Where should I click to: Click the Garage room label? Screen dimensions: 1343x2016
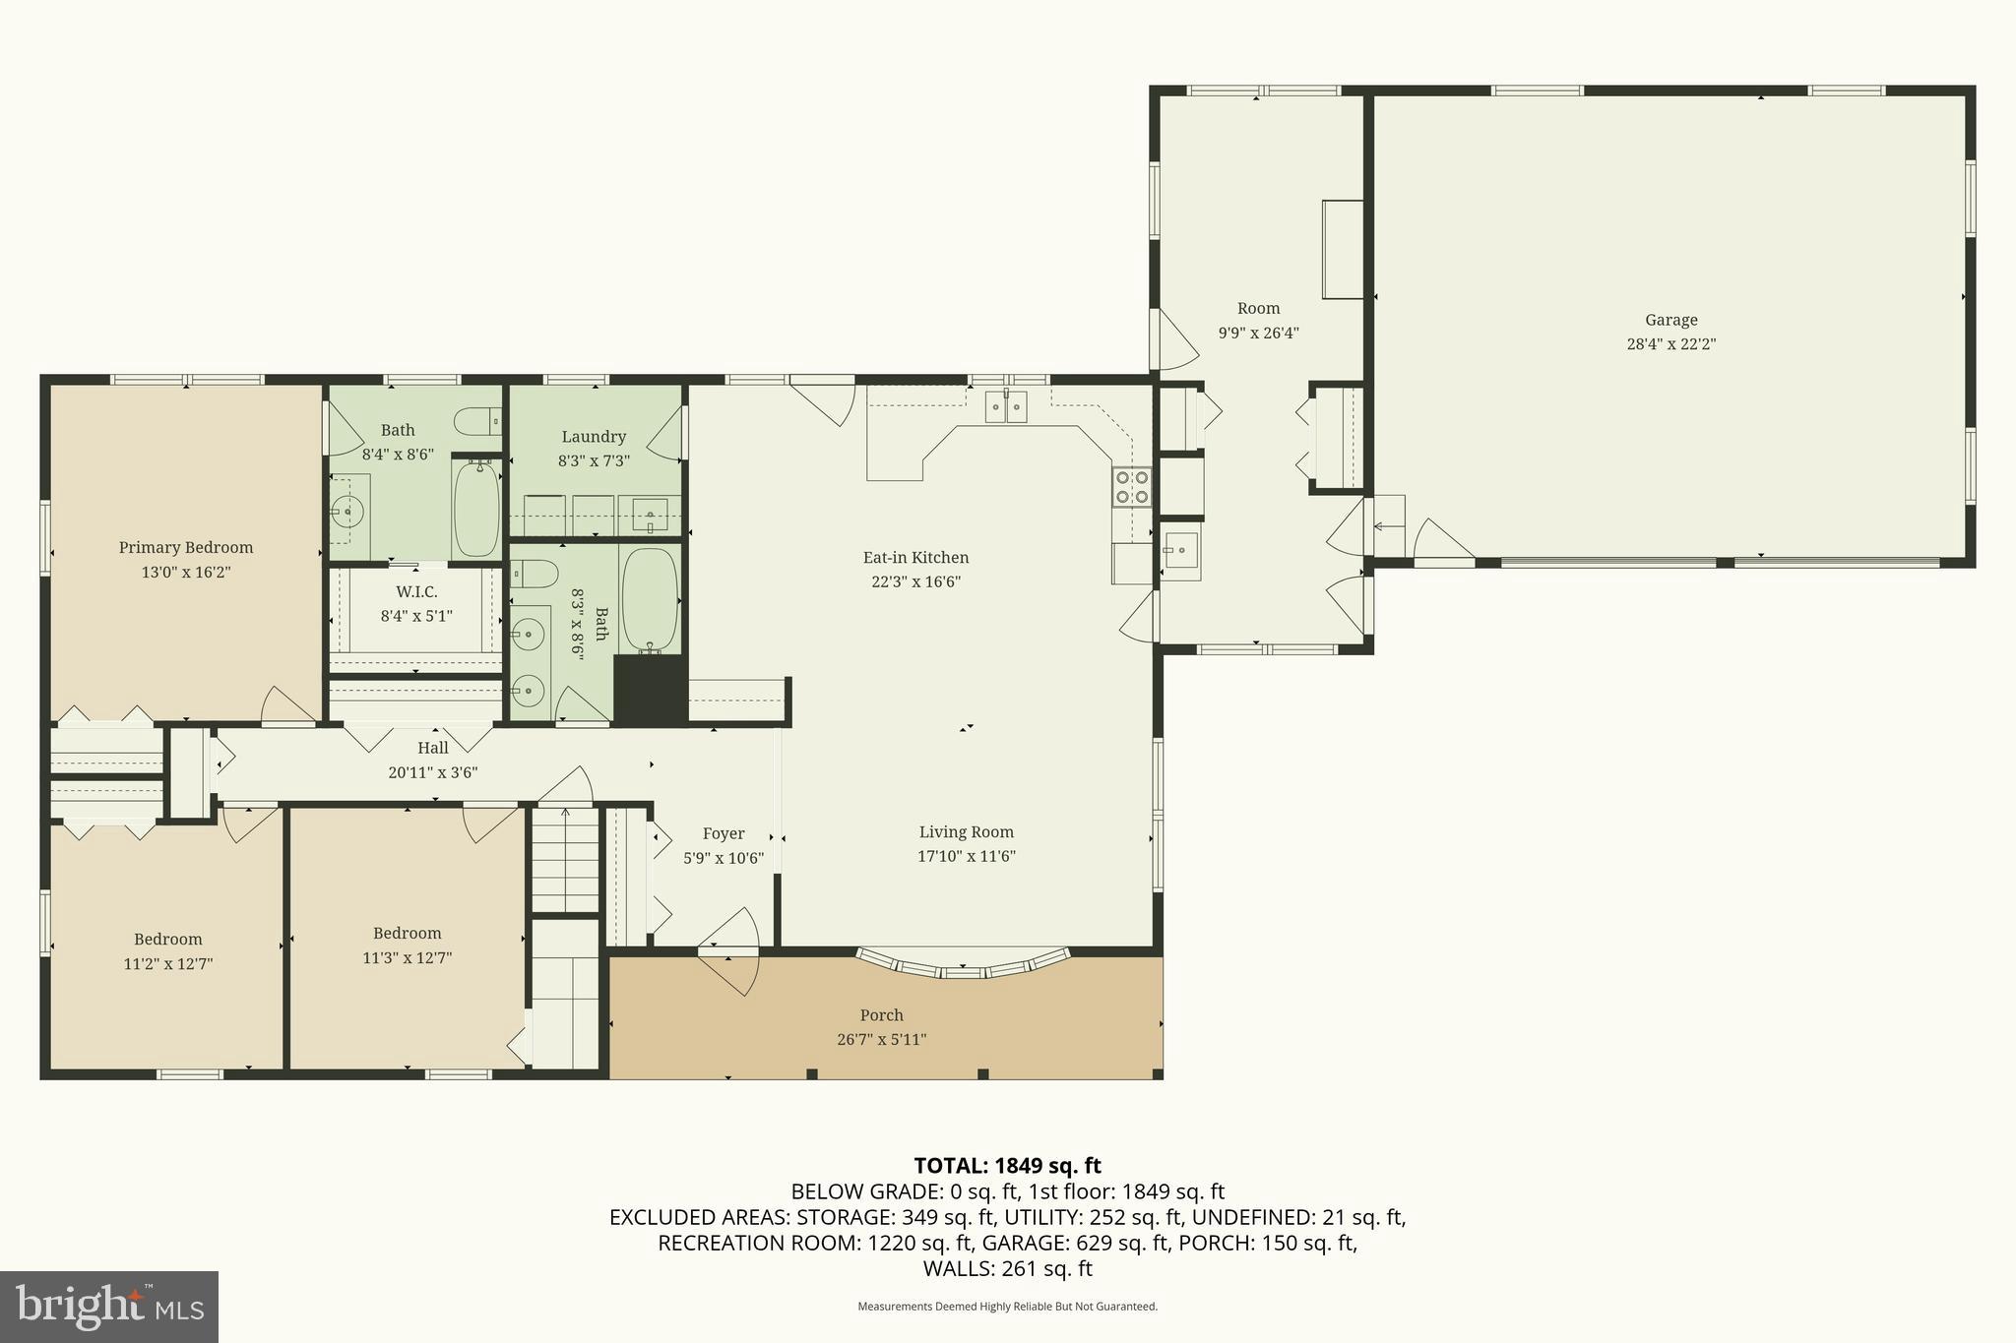click(x=1670, y=320)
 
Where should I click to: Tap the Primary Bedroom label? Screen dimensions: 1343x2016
click(x=186, y=548)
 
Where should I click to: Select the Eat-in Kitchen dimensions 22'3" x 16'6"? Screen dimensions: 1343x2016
click(x=915, y=581)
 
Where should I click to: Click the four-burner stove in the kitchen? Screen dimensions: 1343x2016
click(x=1131, y=487)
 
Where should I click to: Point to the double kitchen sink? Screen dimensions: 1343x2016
click(x=1006, y=406)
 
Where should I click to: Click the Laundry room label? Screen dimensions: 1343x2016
click(x=594, y=437)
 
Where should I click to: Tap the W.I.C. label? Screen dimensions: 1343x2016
click(x=416, y=592)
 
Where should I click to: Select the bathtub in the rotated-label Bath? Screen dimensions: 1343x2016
click(x=651, y=599)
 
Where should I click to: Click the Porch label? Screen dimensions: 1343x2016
click(x=881, y=1015)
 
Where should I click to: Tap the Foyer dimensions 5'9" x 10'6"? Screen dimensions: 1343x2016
click(x=724, y=858)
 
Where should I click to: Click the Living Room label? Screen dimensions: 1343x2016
click(x=966, y=832)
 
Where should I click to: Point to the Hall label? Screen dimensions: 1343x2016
click(x=432, y=748)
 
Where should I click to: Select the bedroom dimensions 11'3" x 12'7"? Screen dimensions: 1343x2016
click(x=407, y=957)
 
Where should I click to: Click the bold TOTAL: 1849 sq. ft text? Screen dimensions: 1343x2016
click(x=1007, y=1166)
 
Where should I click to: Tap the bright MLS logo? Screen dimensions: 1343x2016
click(x=108, y=1307)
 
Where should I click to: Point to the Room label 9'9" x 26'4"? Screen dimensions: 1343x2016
click(x=1258, y=309)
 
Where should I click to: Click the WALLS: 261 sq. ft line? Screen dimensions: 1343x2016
click(x=1007, y=1269)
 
